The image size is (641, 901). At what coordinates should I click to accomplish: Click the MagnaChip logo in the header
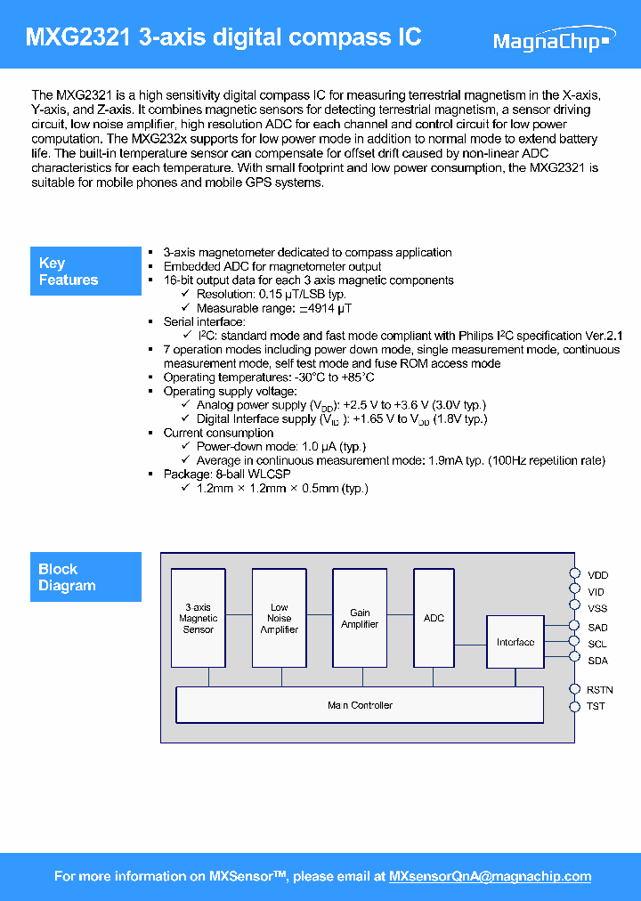[x=552, y=41]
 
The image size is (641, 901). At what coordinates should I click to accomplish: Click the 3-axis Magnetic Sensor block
[x=198, y=618]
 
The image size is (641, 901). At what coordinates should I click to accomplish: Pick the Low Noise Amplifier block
[x=279, y=618]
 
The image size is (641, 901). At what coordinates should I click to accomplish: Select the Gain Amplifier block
[x=360, y=618]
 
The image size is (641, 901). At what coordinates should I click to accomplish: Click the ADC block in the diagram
[x=434, y=618]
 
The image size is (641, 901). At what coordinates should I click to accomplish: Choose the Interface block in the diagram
[x=515, y=642]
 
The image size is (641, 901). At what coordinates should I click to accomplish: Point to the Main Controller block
[x=360, y=705]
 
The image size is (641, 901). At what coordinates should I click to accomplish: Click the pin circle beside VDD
[x=574, y=575]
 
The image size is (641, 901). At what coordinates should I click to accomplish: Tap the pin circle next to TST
[x=574, y=707]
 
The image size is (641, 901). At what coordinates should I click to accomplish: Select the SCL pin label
[x=597, y=644]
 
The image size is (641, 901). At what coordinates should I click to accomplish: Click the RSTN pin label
[x=599, y=690]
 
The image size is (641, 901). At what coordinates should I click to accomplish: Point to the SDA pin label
[x=597, y=661]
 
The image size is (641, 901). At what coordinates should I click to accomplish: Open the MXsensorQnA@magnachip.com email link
[x=490, y=877]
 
